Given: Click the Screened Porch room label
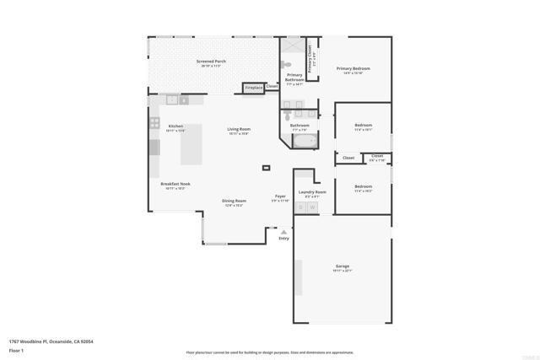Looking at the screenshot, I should [x=211, y=62].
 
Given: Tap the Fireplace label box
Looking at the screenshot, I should [x=252, y=87].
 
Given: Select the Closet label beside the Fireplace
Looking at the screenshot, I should [x=272, y=86].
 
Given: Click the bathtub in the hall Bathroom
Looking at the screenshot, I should [x=302, y=142].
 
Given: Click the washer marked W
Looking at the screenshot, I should [x=311, y=207].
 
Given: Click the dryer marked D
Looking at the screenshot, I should [x=300, y=207].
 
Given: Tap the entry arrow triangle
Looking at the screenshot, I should [x=283, y=231].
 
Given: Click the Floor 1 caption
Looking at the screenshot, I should [x=17, y=350].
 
